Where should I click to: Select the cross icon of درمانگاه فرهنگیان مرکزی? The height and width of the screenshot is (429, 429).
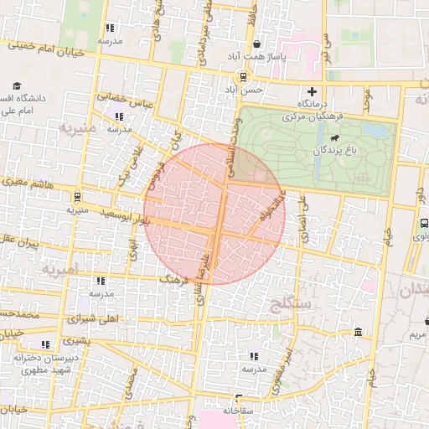tap(313, 91)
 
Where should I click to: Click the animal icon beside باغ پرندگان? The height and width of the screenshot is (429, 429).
tap(334, 138)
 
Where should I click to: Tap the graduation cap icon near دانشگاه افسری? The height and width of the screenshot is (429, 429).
tap(17, 85)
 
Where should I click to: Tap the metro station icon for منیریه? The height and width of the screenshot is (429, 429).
tap(77, 199)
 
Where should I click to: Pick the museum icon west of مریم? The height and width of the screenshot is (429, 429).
tap(359, 333)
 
